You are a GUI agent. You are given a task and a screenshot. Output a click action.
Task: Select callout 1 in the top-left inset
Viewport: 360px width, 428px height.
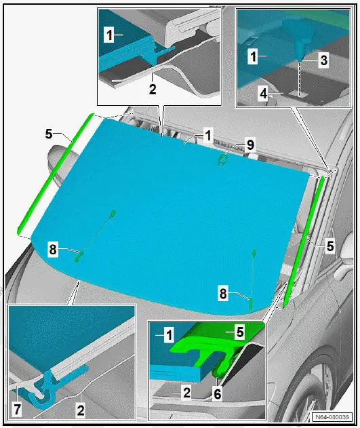pos(109,32)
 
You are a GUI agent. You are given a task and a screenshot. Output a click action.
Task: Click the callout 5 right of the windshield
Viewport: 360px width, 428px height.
pos(329,246)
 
